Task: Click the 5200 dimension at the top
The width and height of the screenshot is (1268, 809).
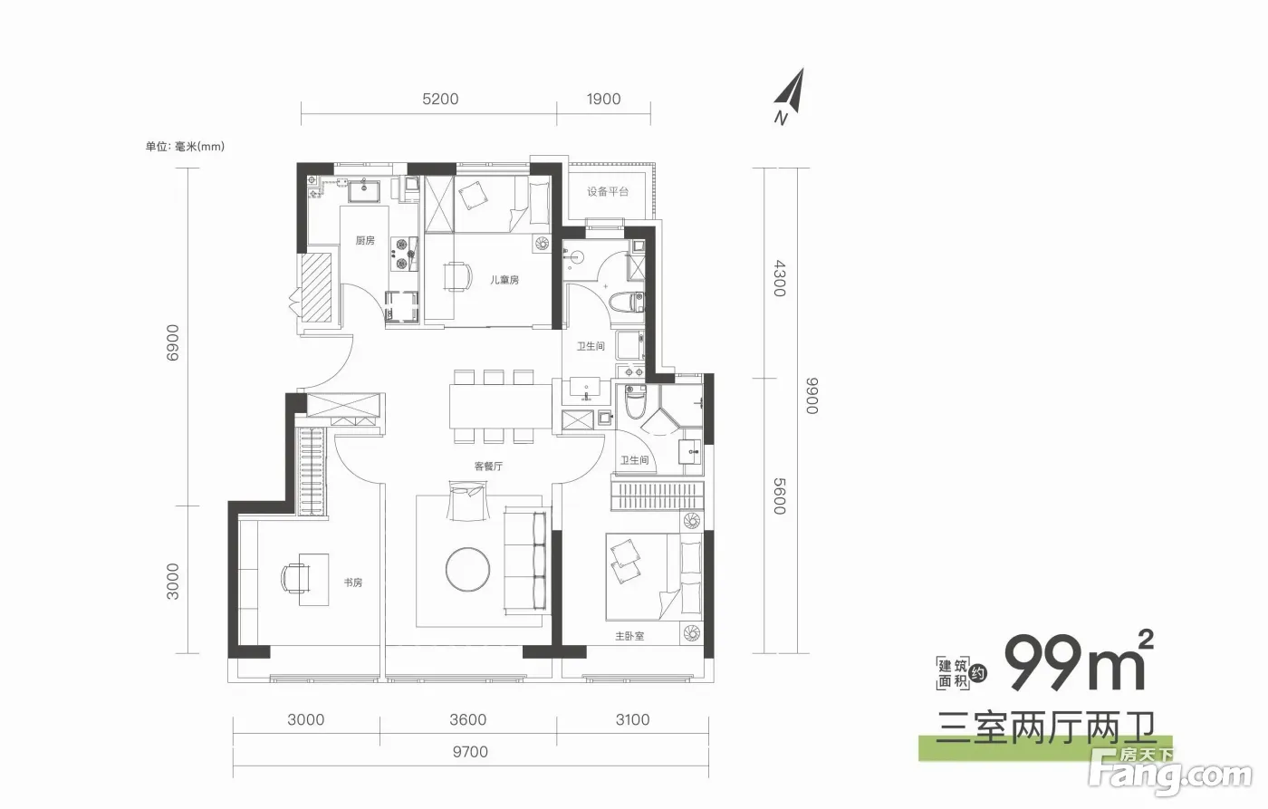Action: pos(440,99)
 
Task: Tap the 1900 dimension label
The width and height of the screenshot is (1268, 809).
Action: pos(603,99)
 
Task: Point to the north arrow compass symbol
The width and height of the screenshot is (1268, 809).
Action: pos(790,96)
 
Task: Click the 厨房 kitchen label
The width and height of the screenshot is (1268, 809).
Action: pos(365,241)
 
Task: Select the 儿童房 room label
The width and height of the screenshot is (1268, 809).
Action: pos(504,280)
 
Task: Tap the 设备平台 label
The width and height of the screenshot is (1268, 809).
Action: pos(608,191)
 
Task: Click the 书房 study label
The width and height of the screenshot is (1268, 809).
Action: pos(352,583)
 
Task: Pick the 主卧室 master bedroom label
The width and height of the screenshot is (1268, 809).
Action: pos(629,636)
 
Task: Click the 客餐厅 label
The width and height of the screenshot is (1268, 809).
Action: pos(488,467)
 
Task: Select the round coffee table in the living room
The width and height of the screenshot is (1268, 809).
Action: pos(467,569)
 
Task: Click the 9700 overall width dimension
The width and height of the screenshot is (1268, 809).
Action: pos(470,752)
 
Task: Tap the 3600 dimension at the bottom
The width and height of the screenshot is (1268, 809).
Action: pos(467,719)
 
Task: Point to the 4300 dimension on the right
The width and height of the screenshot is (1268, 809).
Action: pos(780,278)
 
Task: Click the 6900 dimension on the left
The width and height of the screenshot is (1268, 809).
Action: pos(173,342)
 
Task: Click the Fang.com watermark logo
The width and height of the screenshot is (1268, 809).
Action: pos(1170,771)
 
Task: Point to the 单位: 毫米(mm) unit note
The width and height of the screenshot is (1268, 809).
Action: pos(185,147)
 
